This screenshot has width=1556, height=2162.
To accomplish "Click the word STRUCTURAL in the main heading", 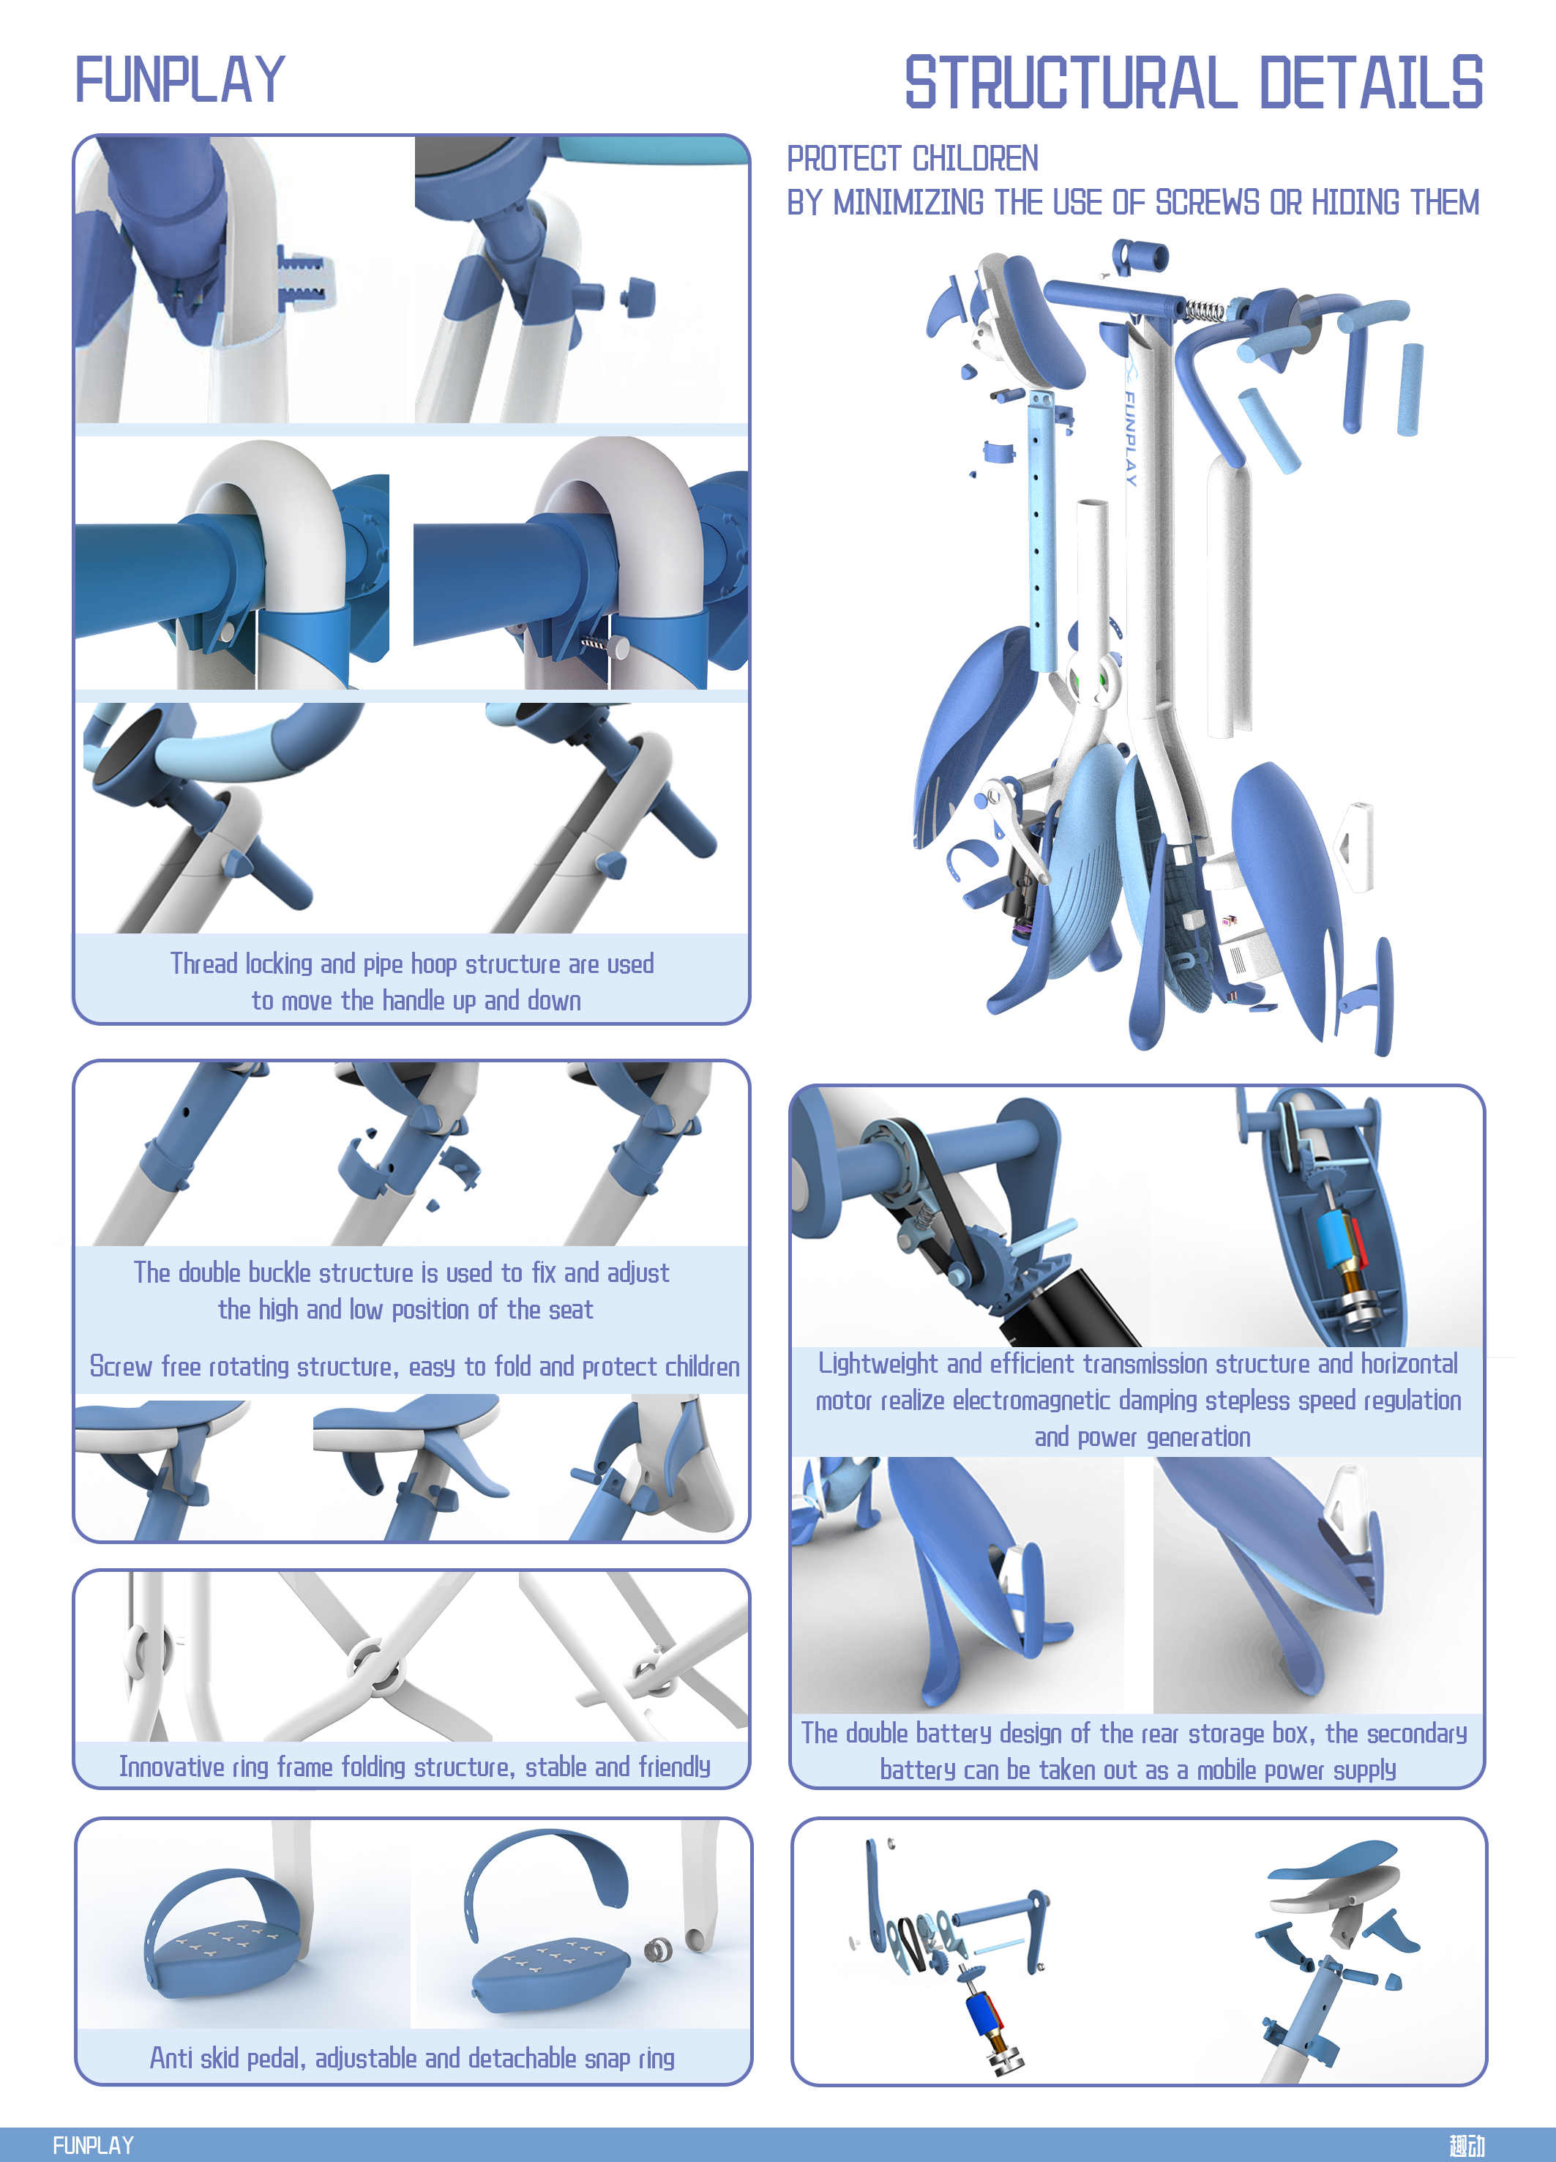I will point(1071,84).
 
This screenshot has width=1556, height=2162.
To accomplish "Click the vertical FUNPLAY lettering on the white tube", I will point(1131,438).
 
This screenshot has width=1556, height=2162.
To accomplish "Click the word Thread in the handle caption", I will point(203,963).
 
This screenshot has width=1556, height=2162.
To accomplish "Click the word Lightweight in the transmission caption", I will point(878,1363).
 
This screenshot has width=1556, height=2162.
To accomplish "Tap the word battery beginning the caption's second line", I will point(916,1770).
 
